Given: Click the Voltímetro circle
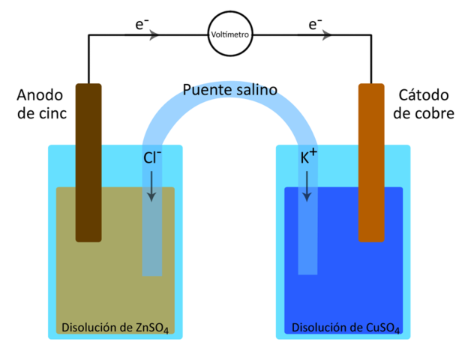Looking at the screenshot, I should pyautogui.click(x=230, y=34).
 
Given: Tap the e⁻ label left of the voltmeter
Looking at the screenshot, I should pyautogui.click(x=140, y=24).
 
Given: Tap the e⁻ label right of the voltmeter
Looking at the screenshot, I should pyautogui.click(x=314, y=24).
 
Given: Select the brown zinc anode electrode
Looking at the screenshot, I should pyautogui.click(x=88, y=162).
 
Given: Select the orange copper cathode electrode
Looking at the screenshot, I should pyautogui.click(x=370, y=162).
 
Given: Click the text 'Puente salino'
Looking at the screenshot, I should pyautogui.click(x=230, y=91).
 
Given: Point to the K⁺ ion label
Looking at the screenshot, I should pyautogui.click(x=308, y=157).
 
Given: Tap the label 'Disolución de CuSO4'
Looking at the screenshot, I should pyautogui.click(x=346, y=327).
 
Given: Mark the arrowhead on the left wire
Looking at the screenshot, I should pyautogui.click(x=155, y=34).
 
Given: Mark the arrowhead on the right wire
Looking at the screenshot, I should pyautogui.click(x=327, y=34).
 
